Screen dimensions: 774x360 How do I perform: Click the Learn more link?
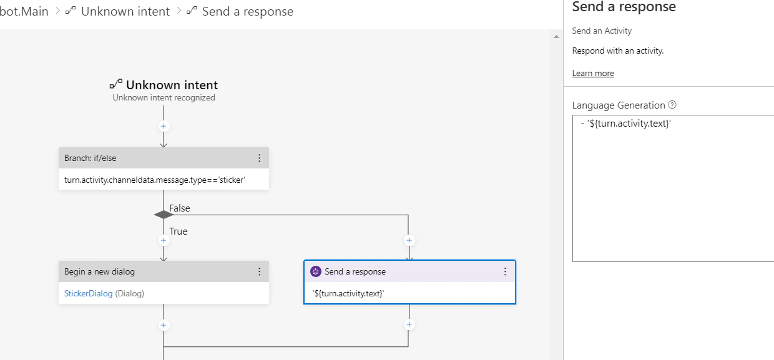coord(593,73)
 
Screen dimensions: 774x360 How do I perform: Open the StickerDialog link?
coord(89,293)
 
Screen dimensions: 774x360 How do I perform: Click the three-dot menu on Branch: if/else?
coord(259,158)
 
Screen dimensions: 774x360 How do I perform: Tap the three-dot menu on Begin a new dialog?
coord(259,271)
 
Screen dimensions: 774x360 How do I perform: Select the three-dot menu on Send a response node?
coord(505,271)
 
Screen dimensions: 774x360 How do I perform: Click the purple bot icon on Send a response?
coord(315,271)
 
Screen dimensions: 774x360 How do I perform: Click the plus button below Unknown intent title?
coord(164,126)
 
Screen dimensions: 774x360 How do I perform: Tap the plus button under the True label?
coord(164,240)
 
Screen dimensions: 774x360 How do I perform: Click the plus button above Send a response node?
coord(409,240)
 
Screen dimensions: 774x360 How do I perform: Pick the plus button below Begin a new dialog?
coord(164,325)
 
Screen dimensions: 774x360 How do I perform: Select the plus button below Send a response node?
coord(409,325)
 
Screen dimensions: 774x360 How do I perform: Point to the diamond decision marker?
coord(164,215)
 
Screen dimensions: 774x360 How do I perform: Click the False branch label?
coord(180,208)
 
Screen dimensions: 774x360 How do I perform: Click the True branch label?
coord(179,231)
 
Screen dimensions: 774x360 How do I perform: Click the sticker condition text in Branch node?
coord(154,180)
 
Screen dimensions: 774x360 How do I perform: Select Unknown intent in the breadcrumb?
coord(125,11)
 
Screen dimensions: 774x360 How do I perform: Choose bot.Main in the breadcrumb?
coord(24,11)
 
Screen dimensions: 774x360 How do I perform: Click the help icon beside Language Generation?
coord(672,105)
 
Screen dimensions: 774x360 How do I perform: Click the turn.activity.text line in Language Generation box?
coord(626,124)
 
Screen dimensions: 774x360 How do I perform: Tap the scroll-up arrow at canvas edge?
coord(556,37)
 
